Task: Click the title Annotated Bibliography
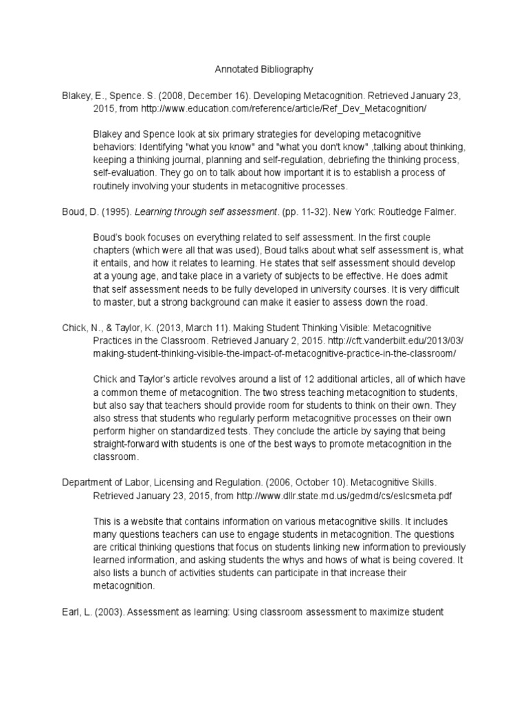264,70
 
